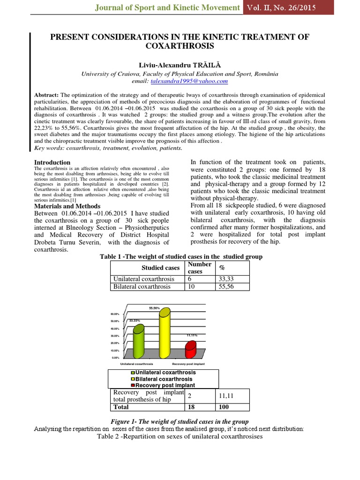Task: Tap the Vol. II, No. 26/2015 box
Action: click(x=288, y=7)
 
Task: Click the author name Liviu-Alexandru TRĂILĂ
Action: click(x=180, y=65)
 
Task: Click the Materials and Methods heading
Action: click(x=67, y=206)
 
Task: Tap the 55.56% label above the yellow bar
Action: click(x=155, y=308)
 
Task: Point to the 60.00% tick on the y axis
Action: click(x=115, y=314)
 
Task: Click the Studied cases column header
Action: click(x=161, y=268)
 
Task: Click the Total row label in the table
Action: click(x=121, y=407)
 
